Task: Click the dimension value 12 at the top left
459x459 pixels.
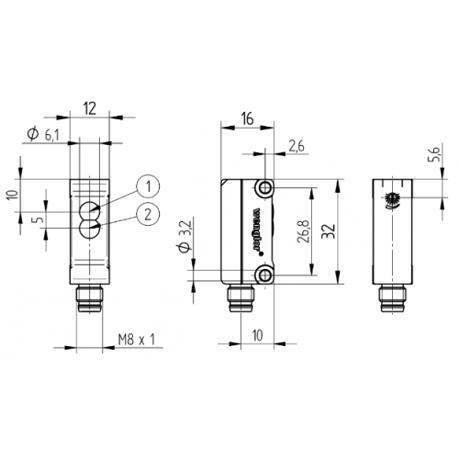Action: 89,108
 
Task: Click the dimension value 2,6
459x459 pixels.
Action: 296,145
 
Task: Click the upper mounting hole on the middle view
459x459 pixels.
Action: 264,188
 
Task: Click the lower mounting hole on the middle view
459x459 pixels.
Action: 264,274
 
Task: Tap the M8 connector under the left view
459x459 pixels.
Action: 90,299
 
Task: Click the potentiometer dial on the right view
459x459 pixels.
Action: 393,198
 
